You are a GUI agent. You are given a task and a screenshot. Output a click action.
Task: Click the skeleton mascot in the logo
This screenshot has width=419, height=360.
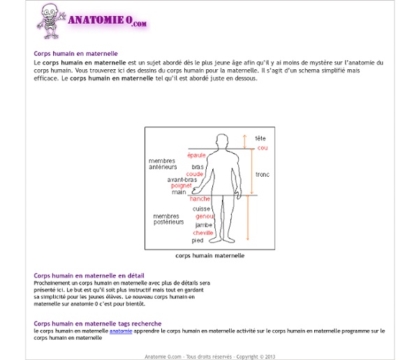click(x=51, y=21)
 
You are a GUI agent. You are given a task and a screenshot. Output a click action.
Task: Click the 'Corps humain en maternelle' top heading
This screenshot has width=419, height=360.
click(x=75, y=54)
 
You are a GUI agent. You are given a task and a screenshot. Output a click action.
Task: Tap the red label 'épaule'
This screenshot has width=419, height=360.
click(x=196, y=155)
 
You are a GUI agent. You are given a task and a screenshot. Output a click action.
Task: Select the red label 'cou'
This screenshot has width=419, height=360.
click(x=263, y=148)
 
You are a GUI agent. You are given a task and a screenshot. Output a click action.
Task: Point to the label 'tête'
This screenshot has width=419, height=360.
click(x=260, y=138)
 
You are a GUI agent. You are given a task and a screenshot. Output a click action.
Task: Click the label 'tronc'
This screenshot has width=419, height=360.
click(x=263, y=174)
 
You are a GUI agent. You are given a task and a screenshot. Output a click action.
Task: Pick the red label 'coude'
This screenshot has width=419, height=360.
click(x=195, y=174)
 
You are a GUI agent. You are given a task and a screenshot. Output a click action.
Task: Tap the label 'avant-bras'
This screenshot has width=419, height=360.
click(x=182, y=180)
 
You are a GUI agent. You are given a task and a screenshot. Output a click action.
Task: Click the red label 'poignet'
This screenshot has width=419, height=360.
click(x=181, y=186)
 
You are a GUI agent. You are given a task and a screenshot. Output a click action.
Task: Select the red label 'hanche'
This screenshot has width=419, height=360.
click(x=200, y=199)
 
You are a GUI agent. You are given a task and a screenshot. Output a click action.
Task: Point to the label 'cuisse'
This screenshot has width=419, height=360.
click(x=202, y=209)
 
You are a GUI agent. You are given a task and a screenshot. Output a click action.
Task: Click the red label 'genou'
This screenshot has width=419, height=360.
click(x=205, y=217)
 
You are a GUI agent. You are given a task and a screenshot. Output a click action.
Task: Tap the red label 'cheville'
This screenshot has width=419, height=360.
click(x=203, y=233)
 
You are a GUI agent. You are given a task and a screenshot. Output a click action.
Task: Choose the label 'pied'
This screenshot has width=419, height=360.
click(x=198, y=240)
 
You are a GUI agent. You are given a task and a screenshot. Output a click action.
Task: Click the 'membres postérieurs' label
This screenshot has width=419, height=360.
click(x=168, y=219)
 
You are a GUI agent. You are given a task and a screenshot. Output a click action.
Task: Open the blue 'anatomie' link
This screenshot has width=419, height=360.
click(x=121, y=331)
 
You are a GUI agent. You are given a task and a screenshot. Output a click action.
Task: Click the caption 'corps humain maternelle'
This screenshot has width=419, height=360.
click(x=209, y=256)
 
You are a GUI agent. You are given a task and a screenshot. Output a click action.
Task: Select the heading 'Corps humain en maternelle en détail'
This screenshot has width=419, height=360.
click(x=89, y=275)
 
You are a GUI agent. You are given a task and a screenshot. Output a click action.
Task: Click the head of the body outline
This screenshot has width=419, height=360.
click(x=222, y=140)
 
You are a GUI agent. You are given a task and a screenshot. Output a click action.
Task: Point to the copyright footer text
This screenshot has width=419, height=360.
click(x=209, y=357)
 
